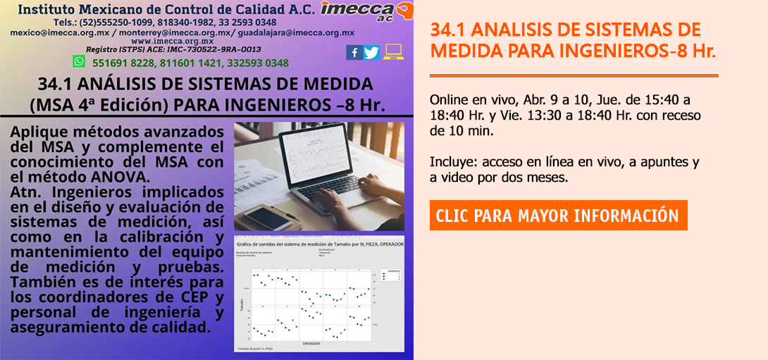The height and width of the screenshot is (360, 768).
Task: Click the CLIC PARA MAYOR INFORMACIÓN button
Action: pos(558,216)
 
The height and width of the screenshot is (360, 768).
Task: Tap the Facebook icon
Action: pos(354,52)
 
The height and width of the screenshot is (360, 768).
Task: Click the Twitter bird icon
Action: pos(371,52)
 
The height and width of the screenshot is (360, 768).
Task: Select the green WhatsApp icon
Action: pos(79,62)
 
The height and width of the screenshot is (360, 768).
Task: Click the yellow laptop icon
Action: pos(393,52)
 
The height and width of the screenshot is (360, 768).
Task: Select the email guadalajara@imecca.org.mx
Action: pos(296,32)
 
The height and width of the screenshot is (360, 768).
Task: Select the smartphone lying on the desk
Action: pos(261,215)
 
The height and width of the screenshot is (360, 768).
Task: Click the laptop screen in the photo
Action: pos(321,151)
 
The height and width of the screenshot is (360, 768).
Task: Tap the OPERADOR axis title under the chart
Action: pos(311,344)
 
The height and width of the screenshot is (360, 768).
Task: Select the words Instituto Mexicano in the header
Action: pos(82,11)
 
